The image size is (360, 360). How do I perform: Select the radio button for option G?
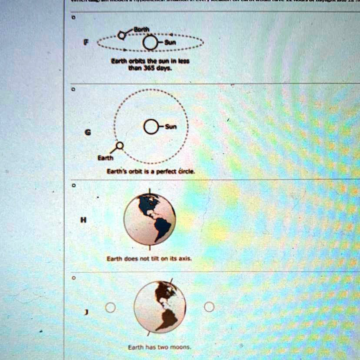pos(74,90)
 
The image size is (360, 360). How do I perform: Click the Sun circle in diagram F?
pos(149,42)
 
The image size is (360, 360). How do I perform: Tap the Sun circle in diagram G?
pos(151,127)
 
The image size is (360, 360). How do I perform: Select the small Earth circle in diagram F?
pos(123,34)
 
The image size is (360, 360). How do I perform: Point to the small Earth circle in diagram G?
pos(120,146)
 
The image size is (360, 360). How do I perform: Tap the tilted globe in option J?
pos(160,307)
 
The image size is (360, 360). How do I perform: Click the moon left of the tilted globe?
pos(110,307)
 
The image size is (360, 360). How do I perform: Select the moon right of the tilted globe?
pos(209,307)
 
